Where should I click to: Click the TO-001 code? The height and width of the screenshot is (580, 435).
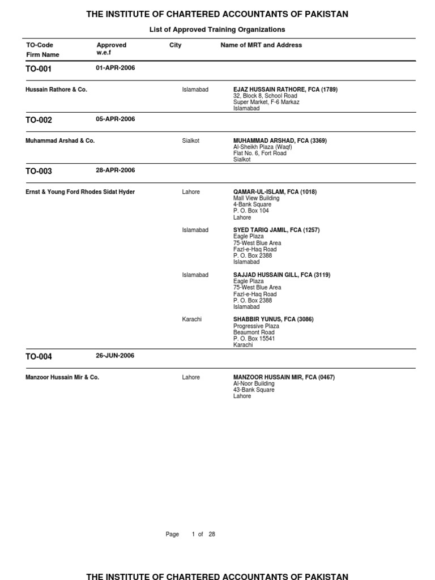coord(39,69)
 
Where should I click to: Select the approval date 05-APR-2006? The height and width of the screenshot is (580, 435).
coord(116,120)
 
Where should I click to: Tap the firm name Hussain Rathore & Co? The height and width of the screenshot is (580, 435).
coord(56,89)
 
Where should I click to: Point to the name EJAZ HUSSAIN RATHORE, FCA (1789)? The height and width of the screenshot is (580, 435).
coord(285,89)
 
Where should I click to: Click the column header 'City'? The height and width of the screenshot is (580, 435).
coord(175,45)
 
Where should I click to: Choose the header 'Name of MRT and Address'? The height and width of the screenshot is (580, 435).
coord(261,45)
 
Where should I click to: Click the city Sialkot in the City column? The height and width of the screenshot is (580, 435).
coord(190,140)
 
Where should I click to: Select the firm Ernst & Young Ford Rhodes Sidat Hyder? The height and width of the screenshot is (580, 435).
coord(80,192)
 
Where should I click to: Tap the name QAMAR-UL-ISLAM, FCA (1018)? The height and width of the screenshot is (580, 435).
coord(275,192)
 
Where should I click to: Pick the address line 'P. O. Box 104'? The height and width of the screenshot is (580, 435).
coord(251,211)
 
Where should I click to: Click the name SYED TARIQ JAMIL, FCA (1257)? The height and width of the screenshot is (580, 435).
coord(276,230)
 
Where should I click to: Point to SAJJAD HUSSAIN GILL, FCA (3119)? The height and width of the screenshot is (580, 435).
coord(282,275)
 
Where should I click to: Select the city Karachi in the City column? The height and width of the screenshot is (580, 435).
coord(192,319)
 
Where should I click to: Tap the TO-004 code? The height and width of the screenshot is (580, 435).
coord(39,357)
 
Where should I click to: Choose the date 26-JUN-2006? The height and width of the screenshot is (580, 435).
coord(115,356)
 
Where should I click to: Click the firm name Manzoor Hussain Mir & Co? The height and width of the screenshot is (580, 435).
coord(62,377)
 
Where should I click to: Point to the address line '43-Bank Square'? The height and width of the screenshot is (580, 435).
coord(254,390)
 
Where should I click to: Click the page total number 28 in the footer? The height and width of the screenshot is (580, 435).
coord(212,534)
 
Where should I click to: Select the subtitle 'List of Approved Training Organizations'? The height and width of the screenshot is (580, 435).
coord(217,29)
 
